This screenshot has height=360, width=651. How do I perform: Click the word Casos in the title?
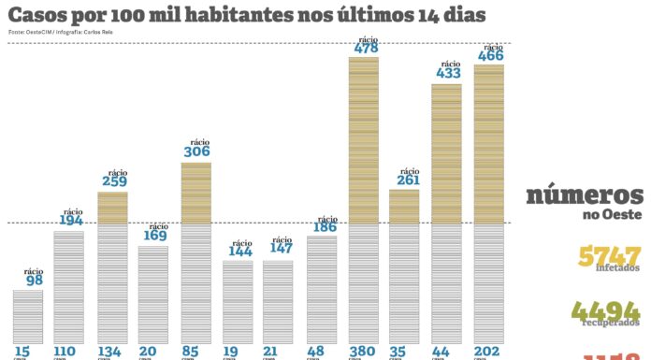click(x=37, y=16)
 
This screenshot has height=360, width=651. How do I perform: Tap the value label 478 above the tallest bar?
click(x=366, y=49)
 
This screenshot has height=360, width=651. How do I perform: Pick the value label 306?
click(x=196, y=151)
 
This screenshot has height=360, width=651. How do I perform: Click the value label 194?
click(x=72, y=221)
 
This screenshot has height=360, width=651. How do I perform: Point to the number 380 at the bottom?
click(x=364, y=352)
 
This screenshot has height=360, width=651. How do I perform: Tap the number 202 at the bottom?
click(x=487, y=352)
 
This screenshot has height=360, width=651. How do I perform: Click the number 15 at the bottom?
click(x=22, y=352)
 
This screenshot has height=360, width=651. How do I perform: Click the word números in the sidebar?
click(x=585, y=195)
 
